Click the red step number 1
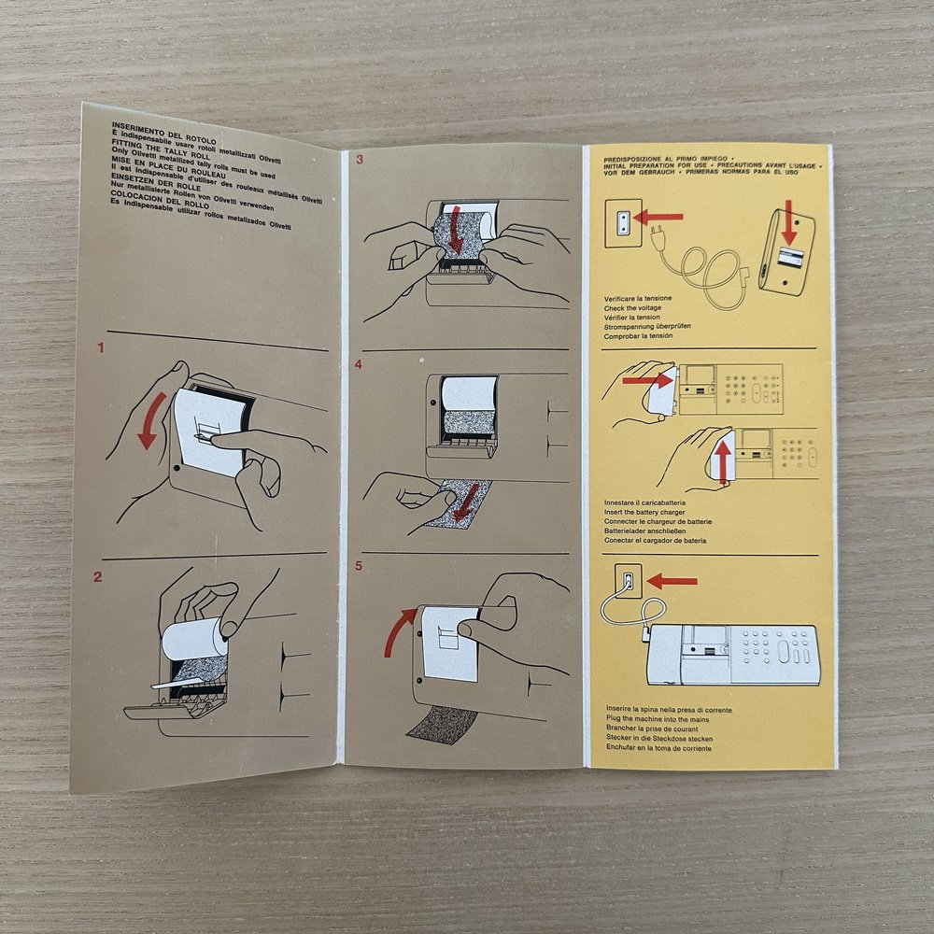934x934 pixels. point(101,349)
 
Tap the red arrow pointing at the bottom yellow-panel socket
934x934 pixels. point(672,581)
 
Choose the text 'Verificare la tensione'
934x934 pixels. point(638,298)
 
